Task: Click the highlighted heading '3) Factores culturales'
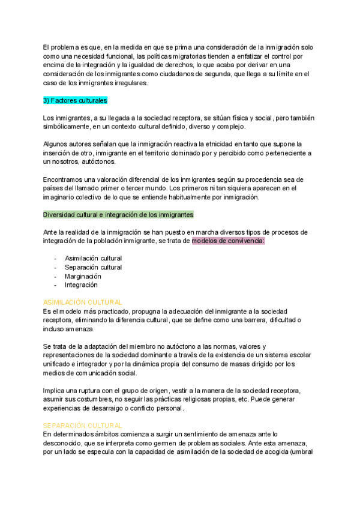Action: coord(75,100)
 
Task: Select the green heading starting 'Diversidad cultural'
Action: coord(118,215)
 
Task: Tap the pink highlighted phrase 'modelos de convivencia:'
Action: coord(229,241)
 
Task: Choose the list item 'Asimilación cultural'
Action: coord(93,259)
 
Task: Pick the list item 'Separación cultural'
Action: coord(93,268)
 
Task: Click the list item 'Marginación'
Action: coord(83,277)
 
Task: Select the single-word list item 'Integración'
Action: coord(81,285)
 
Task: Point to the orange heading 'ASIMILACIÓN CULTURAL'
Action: coord(83,303)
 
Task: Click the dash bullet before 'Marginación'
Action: coord(56,277)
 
